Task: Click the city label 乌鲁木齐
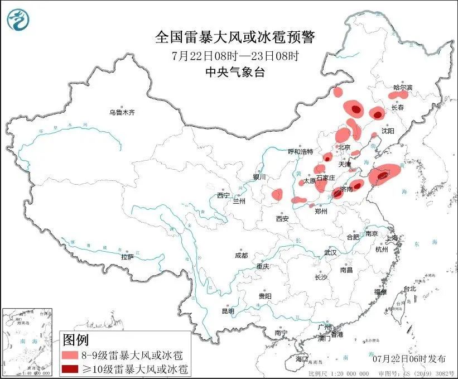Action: click(122, 112)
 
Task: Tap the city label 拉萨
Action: click(127, 257)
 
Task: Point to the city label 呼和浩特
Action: click(301, 152)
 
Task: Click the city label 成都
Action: click(241, 255)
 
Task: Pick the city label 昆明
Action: click(228, 311)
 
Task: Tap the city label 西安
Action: click(282, 219)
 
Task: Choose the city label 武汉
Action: click(331, 252)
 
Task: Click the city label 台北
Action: click(409, 289)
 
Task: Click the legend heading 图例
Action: click(75, 339)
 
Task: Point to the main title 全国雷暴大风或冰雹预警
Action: click(234, 37)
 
